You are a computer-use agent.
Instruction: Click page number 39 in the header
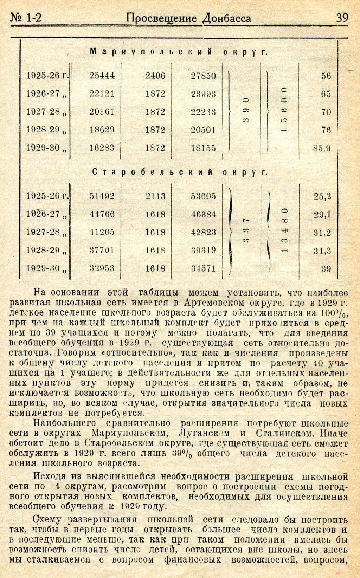point(341,18)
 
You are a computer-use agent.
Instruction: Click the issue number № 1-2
point(26,18)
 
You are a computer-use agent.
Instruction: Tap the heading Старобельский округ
point(180,172)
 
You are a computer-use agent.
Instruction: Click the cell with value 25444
point(102,76)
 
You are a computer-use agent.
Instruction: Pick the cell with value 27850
point(203,76)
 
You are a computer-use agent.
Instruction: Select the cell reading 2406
point(155,76)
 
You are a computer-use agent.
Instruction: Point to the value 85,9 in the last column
point(322,148)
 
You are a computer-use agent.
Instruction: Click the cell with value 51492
point(102,196)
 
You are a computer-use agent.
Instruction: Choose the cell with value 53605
point(203,196)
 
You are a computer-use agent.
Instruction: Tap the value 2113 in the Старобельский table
point(155,196)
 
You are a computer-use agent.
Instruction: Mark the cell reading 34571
point(203,268)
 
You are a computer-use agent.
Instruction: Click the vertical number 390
point(246,112)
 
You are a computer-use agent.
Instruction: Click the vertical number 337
point(246,232)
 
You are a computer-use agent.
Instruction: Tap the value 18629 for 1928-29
point(102,130)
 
